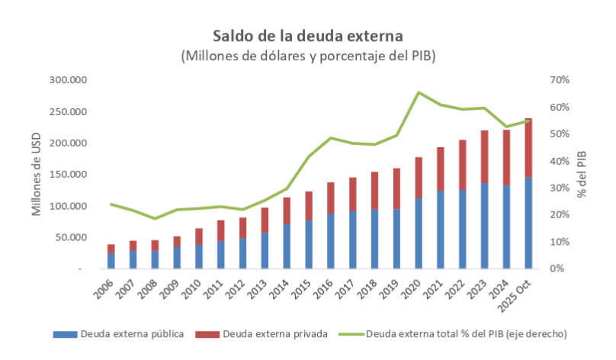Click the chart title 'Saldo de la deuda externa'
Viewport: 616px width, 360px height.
(307, 36)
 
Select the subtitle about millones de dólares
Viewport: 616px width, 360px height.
(307, 56)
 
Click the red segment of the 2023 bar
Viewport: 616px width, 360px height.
(485, 156)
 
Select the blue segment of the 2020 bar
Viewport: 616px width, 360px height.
(419, 233)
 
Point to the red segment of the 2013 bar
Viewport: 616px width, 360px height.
(265, 220)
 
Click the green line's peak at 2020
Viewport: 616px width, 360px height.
(419, 92)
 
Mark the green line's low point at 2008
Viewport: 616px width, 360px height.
(155, 219)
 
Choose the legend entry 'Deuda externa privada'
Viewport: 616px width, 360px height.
(264, 334)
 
